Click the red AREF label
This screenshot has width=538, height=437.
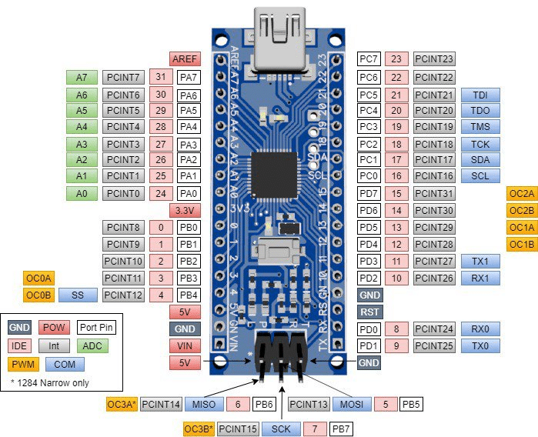point(185,58)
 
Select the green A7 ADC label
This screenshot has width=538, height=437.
point(82,77)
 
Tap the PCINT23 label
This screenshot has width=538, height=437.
point(434,58)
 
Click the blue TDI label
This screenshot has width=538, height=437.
point(481,94)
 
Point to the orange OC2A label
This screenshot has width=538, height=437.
point(522,193)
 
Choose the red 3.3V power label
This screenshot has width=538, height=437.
point(185,210)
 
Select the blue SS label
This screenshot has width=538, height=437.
point(77,294)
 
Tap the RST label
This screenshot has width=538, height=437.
point(369,312)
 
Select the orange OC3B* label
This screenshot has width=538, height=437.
point(198,429)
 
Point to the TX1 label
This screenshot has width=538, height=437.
point(481,261)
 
